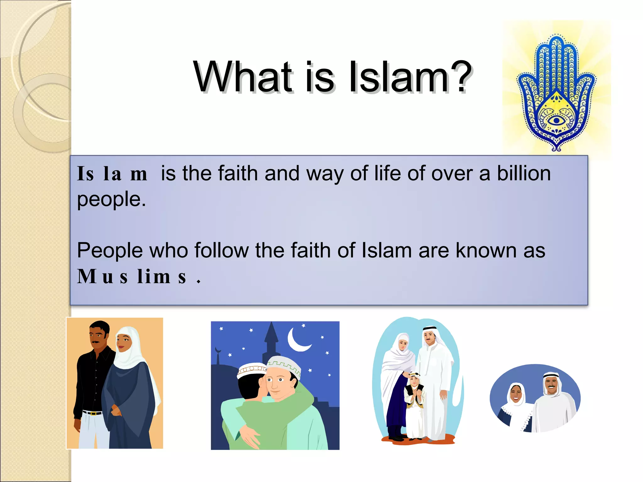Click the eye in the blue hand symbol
(556, 120)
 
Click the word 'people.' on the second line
(111, 200)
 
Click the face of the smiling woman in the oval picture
(516, 394)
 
